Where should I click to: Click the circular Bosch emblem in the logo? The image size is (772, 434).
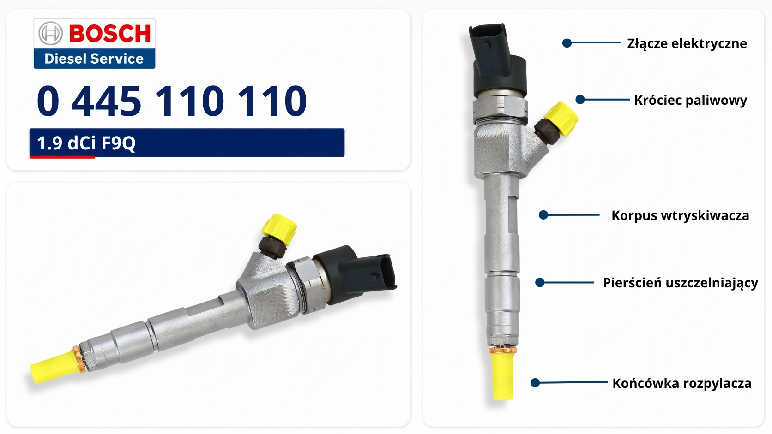pyautogui.click(x=50, y=33)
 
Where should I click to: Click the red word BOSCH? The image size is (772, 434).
pyautogui.click(x=110, y=33)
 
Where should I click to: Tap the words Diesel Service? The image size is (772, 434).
pyautogui.click(x=94, y=59)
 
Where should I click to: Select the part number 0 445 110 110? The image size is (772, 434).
pyautogui.click(x=171, y=101)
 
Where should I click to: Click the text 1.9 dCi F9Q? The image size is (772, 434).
pyautogui.click(x=86, y=143)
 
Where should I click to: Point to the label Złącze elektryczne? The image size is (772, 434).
pyautogui.click(x=687, y=44)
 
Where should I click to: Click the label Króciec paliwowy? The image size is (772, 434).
pyautogui.click(x=691, y=101)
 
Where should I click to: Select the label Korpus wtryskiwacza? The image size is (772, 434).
pyautogui.click(x=680, y=215)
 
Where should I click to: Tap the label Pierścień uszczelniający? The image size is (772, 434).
pyautogui.click(x=680, y=283)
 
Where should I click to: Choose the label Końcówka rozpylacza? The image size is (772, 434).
pyautogui.click(x=682, y=383)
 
